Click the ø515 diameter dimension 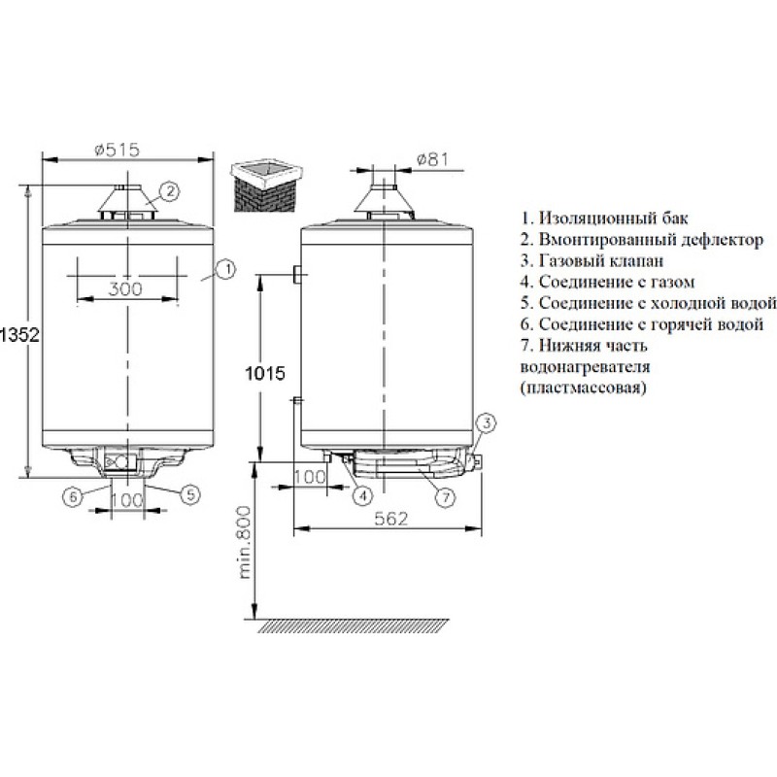pos(118,150)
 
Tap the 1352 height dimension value pos(19,335)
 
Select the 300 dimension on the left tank pos(125,288)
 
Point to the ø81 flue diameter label pos(431,159)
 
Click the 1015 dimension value pos(265,373)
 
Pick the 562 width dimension pos(391,519)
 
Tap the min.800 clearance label pos(245,543)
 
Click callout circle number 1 pos(226,270)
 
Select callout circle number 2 pos(169,191)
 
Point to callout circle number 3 pos(487,423)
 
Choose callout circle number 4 pos(362,495)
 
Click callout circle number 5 pos(190,494)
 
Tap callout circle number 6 pos(73,496)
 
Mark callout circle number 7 pos(445,497)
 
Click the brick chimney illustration pos(266,186)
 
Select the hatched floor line pos(353,625)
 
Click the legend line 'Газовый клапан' pos(592,260)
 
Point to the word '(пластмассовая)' pos(584,388)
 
